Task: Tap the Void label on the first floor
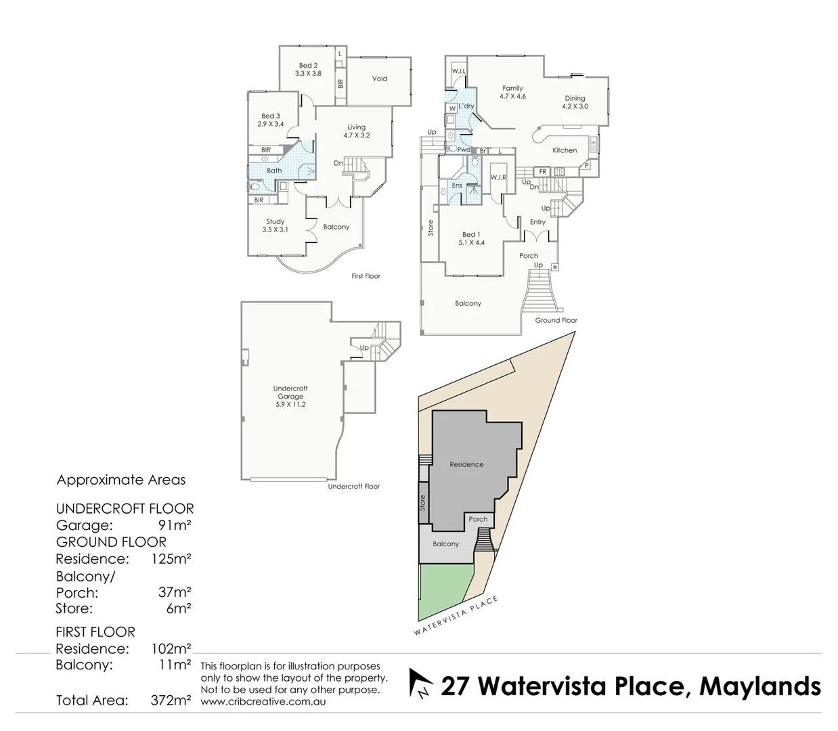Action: (x=380, y=79)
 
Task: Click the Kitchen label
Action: (x=565, y=150)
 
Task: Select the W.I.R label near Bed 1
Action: (x=498, y=177)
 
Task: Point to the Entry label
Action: (x=537, y=222)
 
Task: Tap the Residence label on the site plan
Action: (x=466, y=464)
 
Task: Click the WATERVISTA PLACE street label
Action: (x=456, y=617)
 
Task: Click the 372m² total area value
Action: (x=171, y=701)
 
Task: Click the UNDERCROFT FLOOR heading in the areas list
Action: (x=125, y=508)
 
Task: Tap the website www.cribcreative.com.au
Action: (x=263, y=702)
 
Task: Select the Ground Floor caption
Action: (x=556, y=320)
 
